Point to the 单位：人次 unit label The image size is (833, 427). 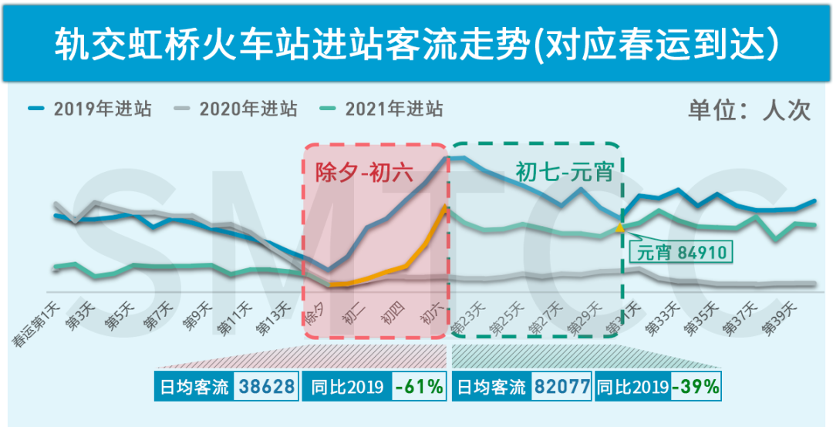749,109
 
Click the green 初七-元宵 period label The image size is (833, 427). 564,171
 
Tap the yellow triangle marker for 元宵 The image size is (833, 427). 620,227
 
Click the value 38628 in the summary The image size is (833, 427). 267,387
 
